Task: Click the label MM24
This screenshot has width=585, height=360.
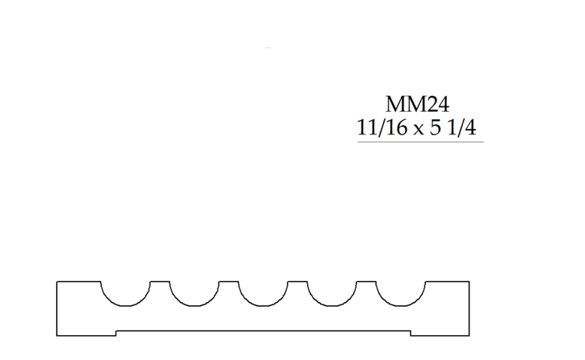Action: point(417,104)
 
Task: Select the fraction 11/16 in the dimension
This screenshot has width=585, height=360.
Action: point(382,127)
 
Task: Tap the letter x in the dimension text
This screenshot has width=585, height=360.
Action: point(418,130)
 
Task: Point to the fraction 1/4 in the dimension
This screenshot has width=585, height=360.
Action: point(461,127)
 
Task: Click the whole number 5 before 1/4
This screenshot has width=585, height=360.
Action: point(436,127)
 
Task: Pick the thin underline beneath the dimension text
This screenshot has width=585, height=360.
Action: point(421,142)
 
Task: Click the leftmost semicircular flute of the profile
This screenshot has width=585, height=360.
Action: point(126,306)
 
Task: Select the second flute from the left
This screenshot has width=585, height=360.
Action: point(194,306)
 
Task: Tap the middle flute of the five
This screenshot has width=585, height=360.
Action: point(263,306)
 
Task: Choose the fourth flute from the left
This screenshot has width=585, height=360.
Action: point(331,306)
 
